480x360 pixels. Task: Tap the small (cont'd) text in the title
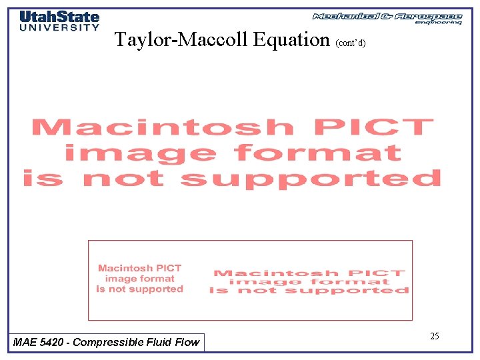coord(351,43)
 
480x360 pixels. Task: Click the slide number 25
coord(434,336)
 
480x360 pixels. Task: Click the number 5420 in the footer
coord(53,342)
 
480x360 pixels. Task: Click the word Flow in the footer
coord(186,342)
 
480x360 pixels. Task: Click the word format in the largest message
coord(317,153)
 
